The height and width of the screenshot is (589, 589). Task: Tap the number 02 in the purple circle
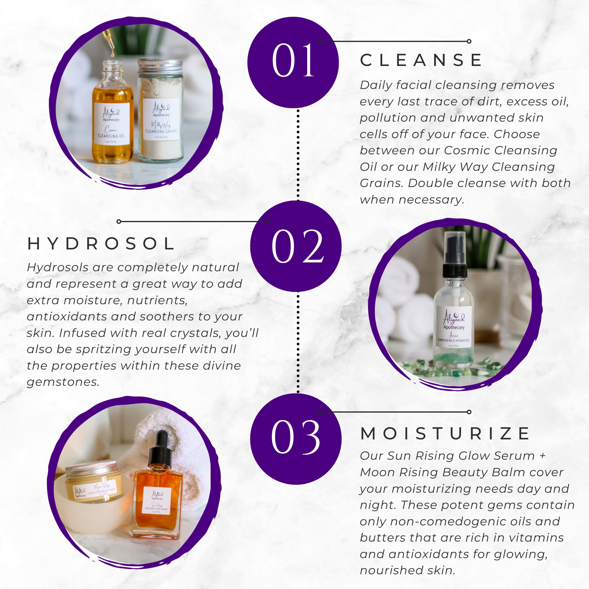[297, 246]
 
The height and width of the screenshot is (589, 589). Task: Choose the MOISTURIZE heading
[445, 434]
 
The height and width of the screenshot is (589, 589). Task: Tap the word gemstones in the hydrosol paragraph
[63, 382]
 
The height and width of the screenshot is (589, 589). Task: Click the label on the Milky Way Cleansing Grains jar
[161, 119]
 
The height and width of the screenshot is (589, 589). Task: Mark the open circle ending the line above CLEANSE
[469, 41]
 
